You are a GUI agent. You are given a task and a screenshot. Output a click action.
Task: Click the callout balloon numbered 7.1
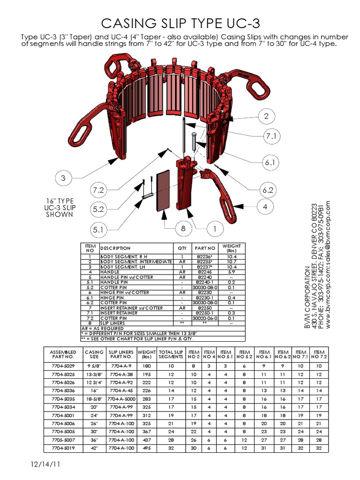coord(271,137)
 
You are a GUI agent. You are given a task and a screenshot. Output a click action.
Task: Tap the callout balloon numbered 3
coord(63,178)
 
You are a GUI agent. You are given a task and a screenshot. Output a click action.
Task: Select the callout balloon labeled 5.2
coord(98,210)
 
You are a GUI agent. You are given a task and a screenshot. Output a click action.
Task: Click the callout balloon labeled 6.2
coord(268,190)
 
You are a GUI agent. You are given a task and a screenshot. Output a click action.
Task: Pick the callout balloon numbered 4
coord(265,207)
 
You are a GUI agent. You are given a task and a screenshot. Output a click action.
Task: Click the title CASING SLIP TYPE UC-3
coord(180,23)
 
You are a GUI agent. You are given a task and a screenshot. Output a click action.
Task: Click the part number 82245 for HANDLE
coord(205,272)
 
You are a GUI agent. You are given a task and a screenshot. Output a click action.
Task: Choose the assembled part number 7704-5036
coord(62,390)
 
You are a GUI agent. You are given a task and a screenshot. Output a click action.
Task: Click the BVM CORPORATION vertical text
coord(308,298)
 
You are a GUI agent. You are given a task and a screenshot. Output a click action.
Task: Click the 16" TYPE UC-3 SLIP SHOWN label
coord(60,207)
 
